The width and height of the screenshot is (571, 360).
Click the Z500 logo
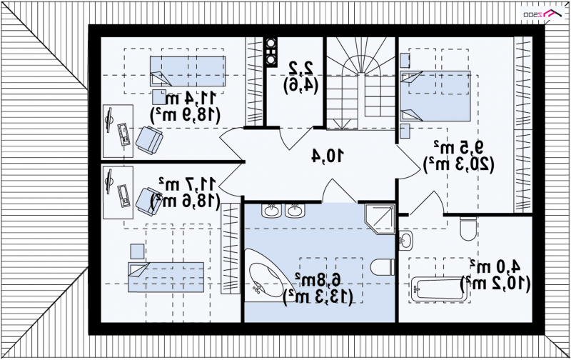(543, 14)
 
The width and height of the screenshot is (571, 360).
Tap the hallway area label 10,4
(328, 156)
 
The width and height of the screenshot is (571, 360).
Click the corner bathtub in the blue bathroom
(268, 274)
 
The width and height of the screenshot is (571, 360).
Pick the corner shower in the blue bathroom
(380, 219)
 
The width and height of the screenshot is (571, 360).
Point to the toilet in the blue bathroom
(383, 267)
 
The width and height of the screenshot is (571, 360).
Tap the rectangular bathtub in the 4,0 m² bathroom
(440, 290)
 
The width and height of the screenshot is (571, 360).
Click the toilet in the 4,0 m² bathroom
(468, 229)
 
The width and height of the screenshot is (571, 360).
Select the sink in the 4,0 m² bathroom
(405, 241)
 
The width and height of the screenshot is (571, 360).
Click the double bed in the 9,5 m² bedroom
(435, 96)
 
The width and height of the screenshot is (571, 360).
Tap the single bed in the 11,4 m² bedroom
(188, 71)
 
